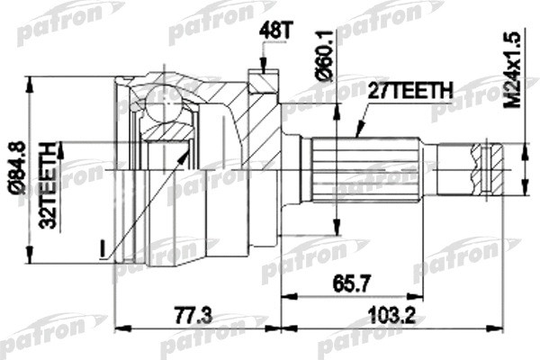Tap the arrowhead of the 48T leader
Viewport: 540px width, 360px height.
coord(262,69)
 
